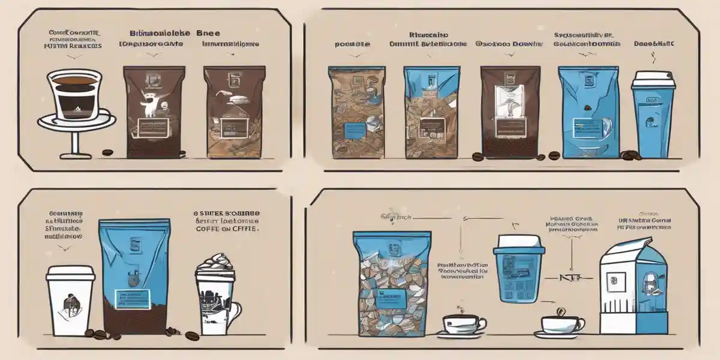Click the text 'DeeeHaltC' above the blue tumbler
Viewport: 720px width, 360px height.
click(x=653, y=44)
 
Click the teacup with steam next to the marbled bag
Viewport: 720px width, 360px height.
click(x=463, y=324)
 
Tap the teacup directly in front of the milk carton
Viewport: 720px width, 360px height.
click(x=562, y=323)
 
